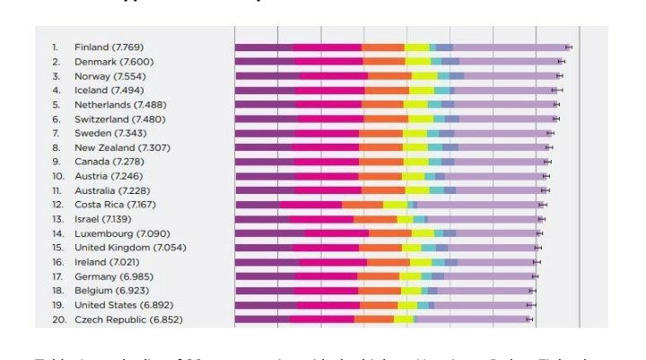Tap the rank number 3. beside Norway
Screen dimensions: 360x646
point(56,76)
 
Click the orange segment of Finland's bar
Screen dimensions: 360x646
point(383,47)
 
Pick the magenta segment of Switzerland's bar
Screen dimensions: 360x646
point(330,119)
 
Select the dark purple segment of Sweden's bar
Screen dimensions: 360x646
point(265,133)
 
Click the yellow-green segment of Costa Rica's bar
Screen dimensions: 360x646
point(395,205)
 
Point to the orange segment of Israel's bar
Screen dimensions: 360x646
point(375,219)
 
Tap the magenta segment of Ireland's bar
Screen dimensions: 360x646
point(331,262)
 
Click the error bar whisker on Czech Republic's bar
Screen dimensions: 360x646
point(528,320)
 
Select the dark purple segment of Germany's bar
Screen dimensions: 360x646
point(264,277)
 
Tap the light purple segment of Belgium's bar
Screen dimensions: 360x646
point(484,291)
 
